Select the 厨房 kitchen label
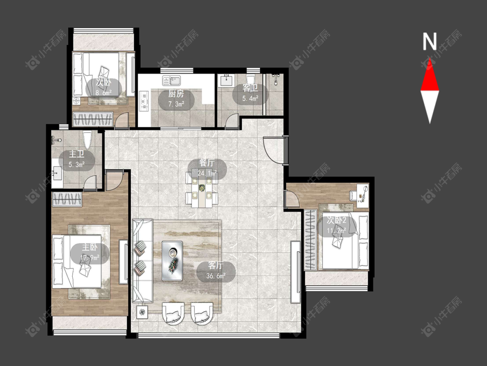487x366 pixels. coord(176,93)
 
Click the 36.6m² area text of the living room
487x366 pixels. coord(216,276)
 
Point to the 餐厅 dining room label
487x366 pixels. coord(207,163)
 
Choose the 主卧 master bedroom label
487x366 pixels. coord(90,248)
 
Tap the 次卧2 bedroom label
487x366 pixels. coord(336,220)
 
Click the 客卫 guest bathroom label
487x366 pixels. coord(250,88)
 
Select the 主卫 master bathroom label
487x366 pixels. coord(76,154)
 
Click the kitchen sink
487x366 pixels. coord(171,81)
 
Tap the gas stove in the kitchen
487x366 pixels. coord(144,101)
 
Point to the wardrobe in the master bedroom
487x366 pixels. coord(67,199)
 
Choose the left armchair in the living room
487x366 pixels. coord(174,313)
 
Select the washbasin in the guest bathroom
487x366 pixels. coord(227,81)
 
